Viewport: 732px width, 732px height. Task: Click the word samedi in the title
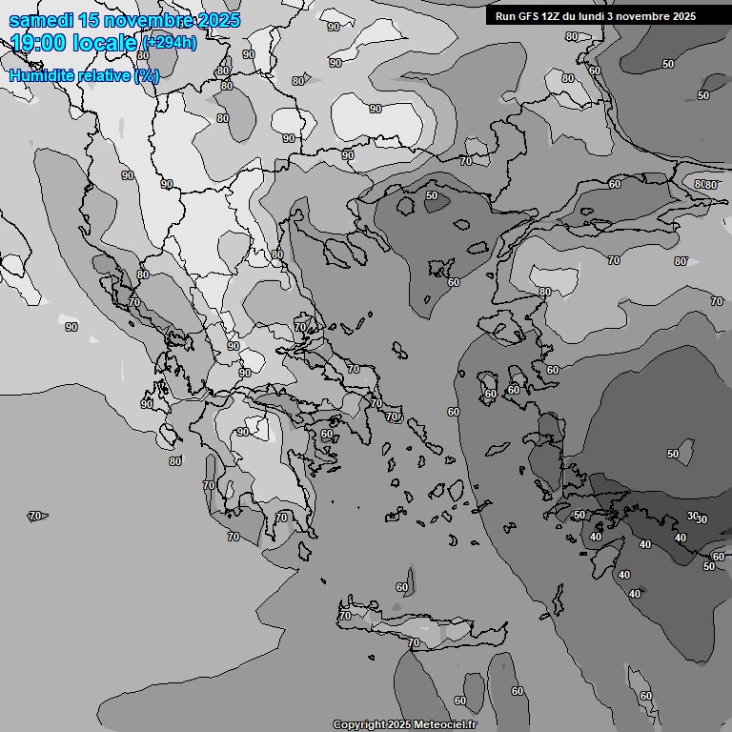[37, 21]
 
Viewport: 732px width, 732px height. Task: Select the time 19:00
[37, 43]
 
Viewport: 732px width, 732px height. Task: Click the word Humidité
[42, 75]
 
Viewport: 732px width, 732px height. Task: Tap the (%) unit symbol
[147, 75]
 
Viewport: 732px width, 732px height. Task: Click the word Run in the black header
[505, 16]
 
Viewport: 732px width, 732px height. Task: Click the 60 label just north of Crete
[402, 587]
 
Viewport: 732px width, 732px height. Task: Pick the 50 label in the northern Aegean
[432, 195]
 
